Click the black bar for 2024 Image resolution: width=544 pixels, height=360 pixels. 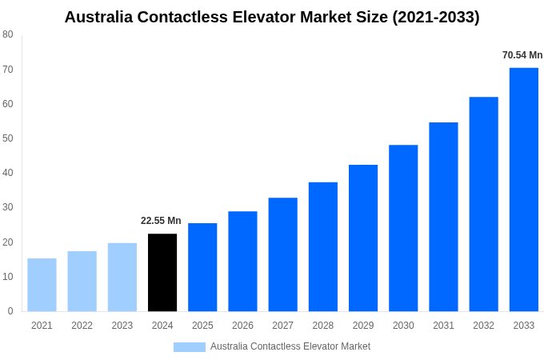[162, 272]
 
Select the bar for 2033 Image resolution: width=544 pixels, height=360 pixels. [524, 190]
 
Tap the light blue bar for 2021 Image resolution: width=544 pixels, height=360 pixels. [42, 285]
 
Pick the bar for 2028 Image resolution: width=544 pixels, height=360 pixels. [323, 246]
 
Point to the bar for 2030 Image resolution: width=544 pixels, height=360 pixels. [403, 228]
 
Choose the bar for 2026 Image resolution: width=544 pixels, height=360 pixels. [242, 261]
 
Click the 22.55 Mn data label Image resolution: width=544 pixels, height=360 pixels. [161, 221]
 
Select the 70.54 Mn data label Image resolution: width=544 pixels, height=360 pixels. [522, 55]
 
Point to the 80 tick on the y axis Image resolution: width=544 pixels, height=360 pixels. [8, 34]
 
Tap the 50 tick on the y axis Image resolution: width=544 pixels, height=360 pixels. [8, 138]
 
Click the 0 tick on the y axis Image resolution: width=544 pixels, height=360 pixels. [10, 311]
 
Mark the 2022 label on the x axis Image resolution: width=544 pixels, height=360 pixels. [82, 326]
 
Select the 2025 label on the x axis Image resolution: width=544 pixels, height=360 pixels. [202, 326]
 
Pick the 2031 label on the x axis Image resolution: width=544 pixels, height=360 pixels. [443, 326]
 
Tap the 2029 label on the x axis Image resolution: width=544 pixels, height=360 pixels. [363, 326]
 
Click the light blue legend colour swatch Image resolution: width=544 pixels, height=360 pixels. [190, 347]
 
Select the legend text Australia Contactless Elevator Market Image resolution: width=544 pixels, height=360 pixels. [290, 346]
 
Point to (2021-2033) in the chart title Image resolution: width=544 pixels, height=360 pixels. [436, 17]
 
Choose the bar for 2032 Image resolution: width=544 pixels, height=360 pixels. [483, 204]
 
